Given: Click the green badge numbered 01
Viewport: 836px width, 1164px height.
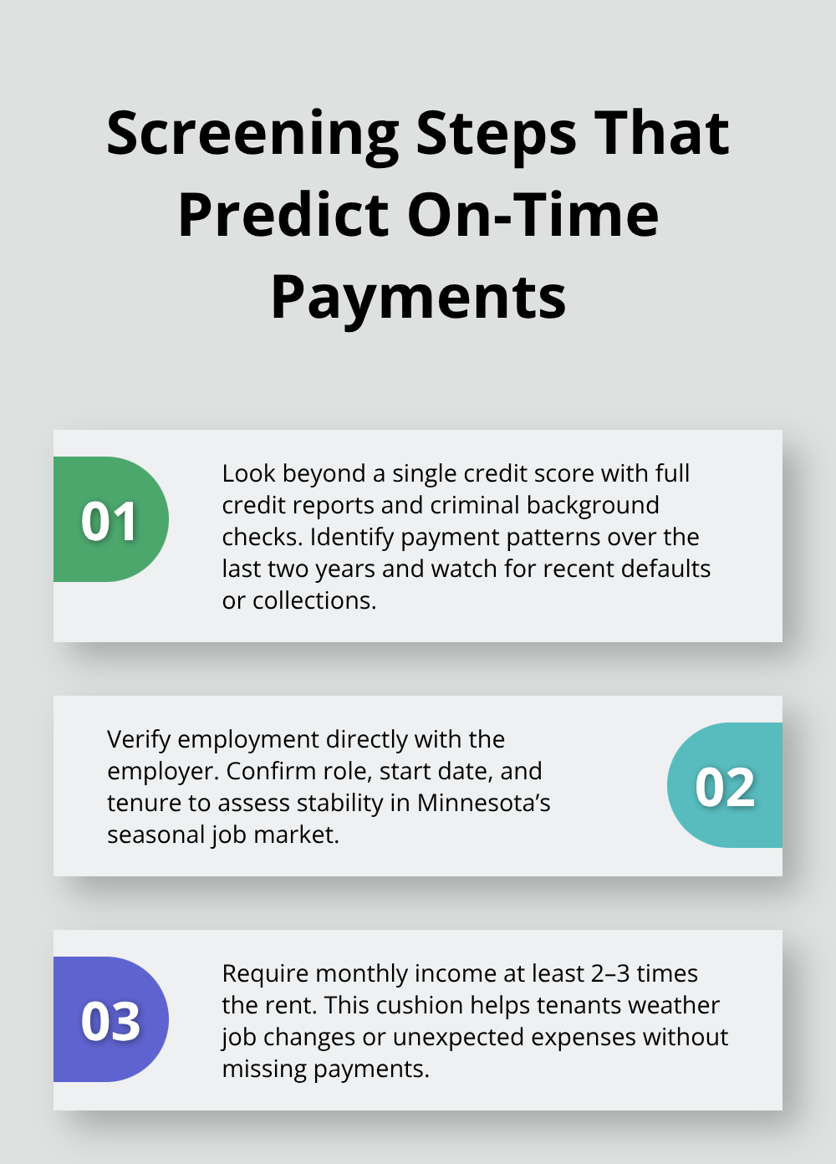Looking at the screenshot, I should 110,520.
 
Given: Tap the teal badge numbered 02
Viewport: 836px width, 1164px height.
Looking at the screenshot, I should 725,786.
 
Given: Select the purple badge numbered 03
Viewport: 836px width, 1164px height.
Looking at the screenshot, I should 110,1020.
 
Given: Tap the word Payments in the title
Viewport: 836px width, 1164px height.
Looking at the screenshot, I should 418,298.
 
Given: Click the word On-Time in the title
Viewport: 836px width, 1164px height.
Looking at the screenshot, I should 533,216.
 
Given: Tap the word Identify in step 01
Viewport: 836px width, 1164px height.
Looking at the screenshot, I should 351,537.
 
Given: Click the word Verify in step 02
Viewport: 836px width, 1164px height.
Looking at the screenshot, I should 139,739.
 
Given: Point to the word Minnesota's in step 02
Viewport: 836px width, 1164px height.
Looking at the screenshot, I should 484,803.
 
